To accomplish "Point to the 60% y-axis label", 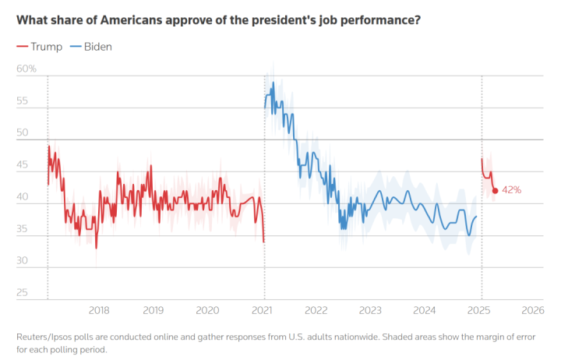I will click(x=26, y=69).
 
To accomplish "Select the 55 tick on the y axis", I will click(x=22, y=101).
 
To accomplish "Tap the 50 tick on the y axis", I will click(x=22, y=133).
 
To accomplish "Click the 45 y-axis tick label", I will click(x=22, y=165).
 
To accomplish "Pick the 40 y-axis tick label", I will click(x=22, y=198).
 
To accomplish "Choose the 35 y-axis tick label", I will click(x=22, y=230).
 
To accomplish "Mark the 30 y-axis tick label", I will click(x=22, y=262).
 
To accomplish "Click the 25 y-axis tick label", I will click(x=22, y=294).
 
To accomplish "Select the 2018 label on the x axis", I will click(x=99, y=310).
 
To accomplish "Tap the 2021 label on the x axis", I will click(x=264, y=310).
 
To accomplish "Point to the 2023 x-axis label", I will click(x=370, y=310).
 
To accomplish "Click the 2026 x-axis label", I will click(x=533, y=310).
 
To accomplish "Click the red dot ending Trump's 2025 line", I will click(x=495, y=190).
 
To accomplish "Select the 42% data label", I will click(x=511, y=190).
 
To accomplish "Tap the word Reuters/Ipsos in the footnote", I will click(x=46, y=336).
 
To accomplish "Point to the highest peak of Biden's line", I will click(x=273, y=82).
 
